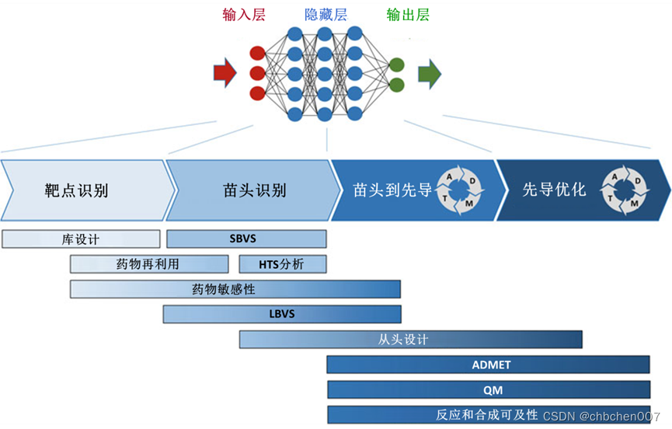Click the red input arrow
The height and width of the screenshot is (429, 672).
[224, 73]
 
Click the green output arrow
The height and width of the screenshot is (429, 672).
[429, 73]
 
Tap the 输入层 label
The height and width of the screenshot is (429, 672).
[244, 15]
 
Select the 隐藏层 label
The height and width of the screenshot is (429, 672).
[324, 15]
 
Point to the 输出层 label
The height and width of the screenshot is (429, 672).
[407, 15]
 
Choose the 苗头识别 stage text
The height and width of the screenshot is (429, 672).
[254, 190]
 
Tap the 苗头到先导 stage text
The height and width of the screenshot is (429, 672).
[392, 190]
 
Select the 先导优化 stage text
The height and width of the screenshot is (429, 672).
[554, 190]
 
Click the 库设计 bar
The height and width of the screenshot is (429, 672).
[81, 239]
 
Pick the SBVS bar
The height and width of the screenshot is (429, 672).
[246, 239]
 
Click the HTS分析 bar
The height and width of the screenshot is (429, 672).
[282, 264]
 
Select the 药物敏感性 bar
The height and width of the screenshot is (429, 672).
[235, 289]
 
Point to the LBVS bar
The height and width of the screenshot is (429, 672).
[282, 314]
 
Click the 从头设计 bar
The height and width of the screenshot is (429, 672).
[410, 340]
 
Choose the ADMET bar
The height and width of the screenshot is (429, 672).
[488, 364]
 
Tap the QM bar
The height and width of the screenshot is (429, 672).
[488, 389]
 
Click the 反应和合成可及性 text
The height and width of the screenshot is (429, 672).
[487, 414]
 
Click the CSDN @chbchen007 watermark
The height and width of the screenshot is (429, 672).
[601, 417]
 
